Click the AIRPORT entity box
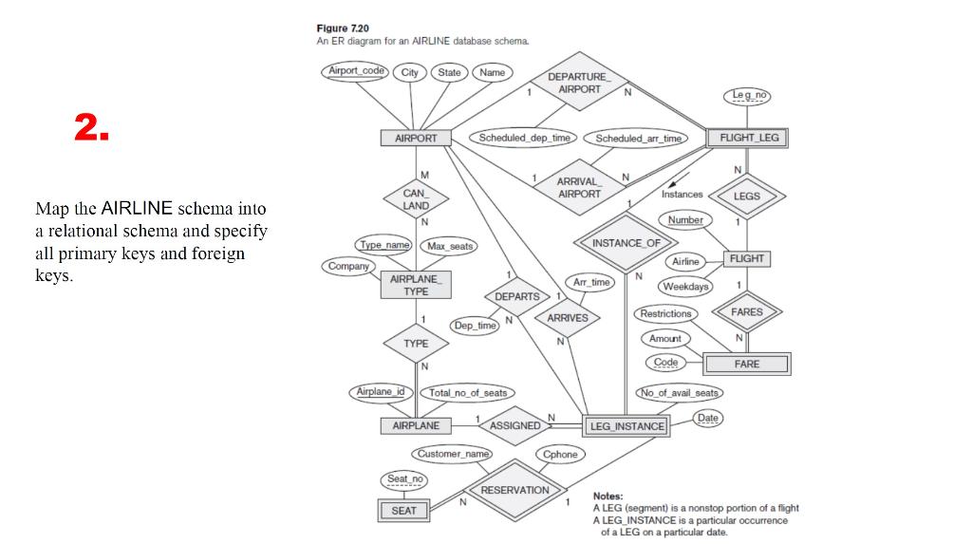(x=416, y=138)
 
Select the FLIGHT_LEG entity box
(x=748, y=138)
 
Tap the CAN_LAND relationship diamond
(x=416, y=198)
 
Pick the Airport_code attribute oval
(x=357, y=71)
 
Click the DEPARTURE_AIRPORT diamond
(x=579, y=84)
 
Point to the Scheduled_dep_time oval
(x=524, y=138)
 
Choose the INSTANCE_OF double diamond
(x=626, y=243)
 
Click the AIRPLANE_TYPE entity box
(x=416, y=285)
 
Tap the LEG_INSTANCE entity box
(x=626, y=426)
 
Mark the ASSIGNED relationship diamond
(x=514, y=425)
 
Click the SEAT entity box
(x=403, y=511)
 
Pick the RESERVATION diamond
(x=514, y=490)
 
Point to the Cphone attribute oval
(x=560, y=455)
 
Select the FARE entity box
(x=746, y=364)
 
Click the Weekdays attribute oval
(x=685, y=287)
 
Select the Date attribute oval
(x=708, y=418)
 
